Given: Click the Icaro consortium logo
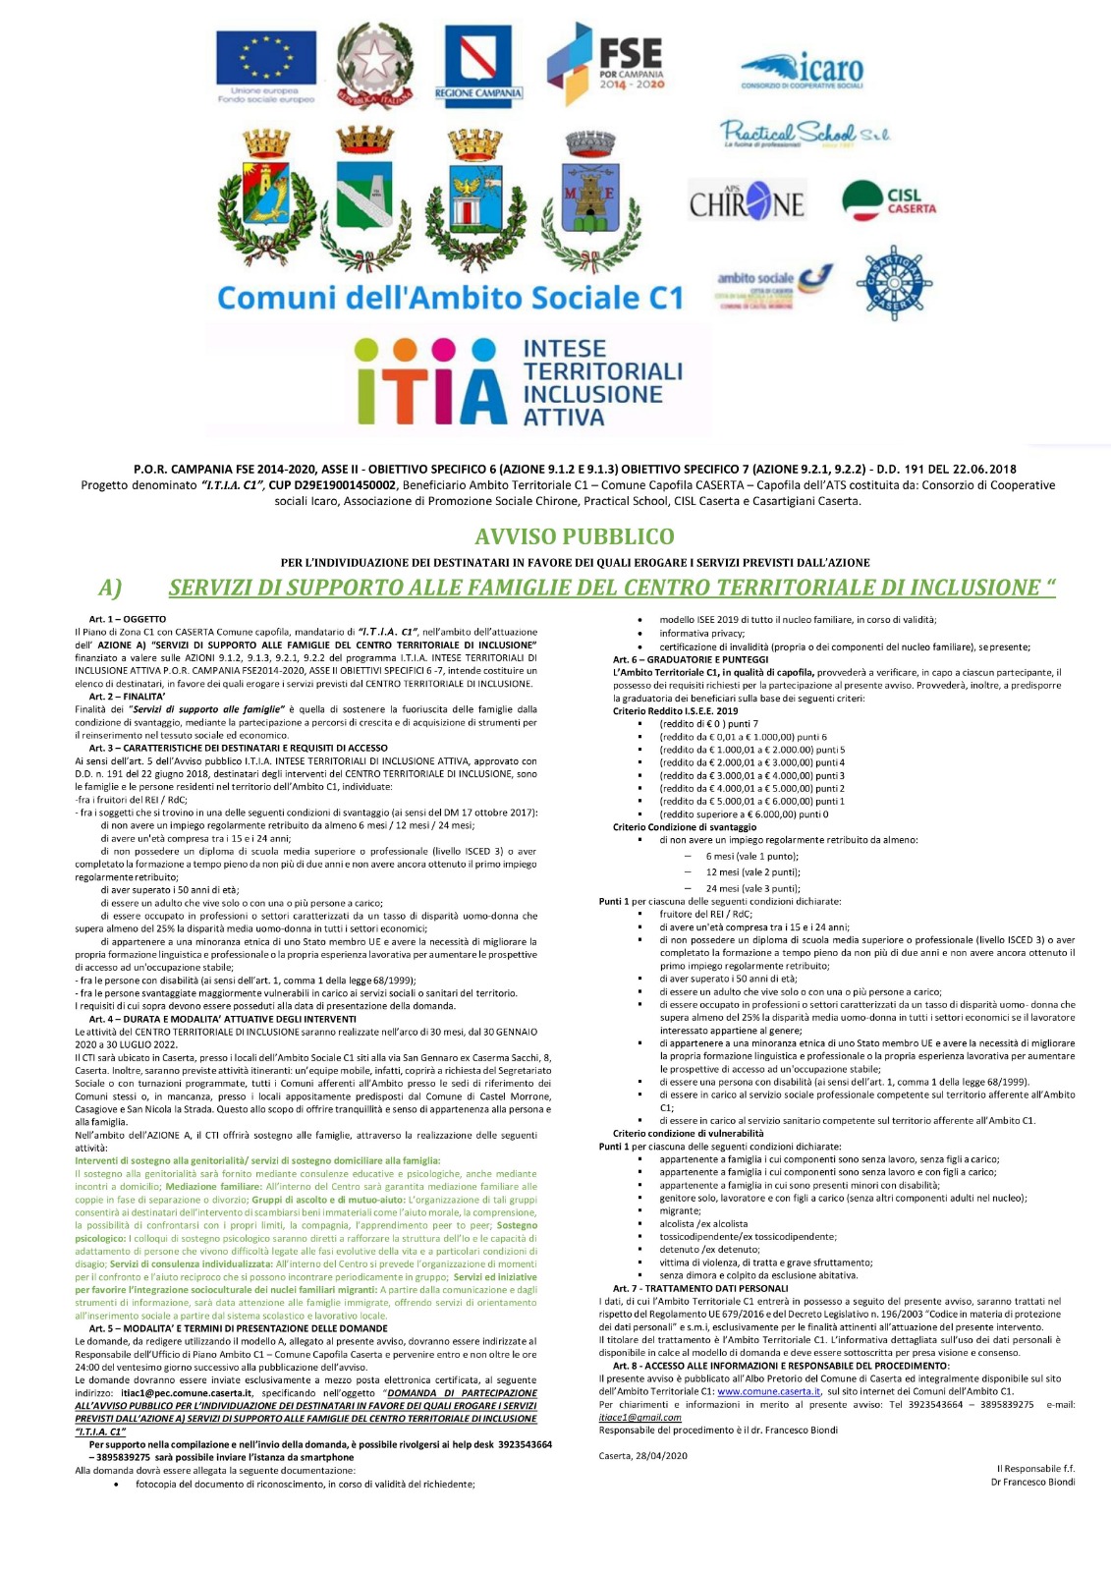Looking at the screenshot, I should click(803, 71).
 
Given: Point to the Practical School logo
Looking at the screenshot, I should click(804, 134).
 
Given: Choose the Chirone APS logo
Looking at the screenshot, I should click(747, 202).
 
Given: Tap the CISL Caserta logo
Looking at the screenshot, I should click(889, 199).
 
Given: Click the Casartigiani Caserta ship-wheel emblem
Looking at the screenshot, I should click(893, 282).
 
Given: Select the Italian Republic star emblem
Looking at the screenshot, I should click(374, 63).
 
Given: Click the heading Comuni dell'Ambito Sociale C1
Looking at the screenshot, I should click(449, 298).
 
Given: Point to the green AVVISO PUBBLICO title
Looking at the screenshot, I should click(575, 536).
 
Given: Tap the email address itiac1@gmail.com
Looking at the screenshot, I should click(639, 1417).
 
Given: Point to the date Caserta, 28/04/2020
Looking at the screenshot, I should click(642, 1455).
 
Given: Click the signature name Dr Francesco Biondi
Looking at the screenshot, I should click(1032, 1482).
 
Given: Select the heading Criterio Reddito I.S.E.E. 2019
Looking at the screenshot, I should click(675, 711).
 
